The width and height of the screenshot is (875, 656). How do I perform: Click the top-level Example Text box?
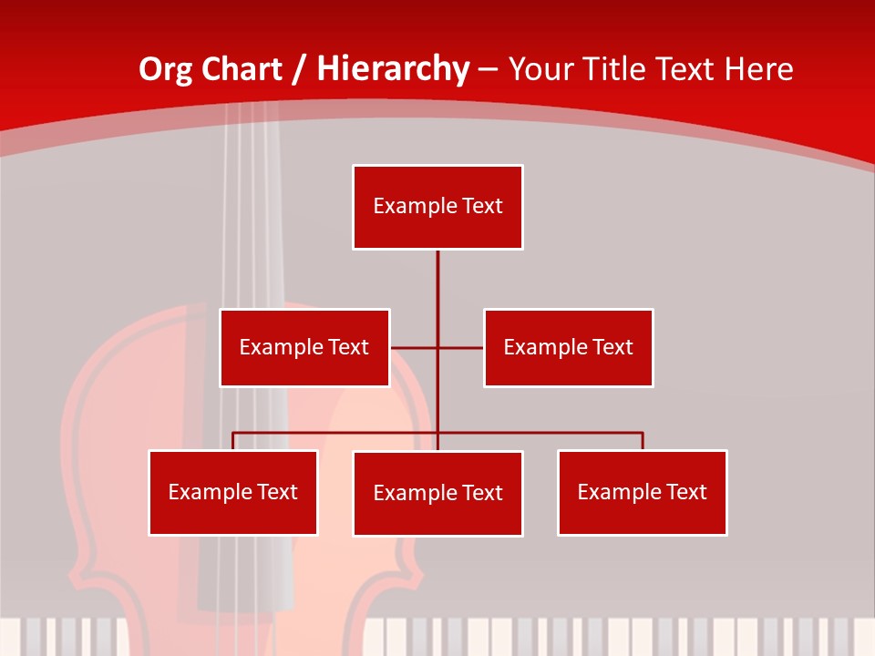tap(437, 207)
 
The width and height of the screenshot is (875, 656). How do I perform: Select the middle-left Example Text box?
tap(304, 347)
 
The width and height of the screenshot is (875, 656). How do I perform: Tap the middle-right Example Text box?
tap(568, 347)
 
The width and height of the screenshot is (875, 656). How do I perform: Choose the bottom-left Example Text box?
tap(232, 492)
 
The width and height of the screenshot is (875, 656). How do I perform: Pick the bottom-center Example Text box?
tap(437, 493)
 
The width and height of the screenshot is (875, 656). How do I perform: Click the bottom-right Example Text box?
tap(642, 492)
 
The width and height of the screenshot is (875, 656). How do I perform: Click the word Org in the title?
tap(165, 69)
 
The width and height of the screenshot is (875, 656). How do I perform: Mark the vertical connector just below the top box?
tap(437, 273)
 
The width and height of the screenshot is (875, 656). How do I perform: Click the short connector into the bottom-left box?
tap(233, 441)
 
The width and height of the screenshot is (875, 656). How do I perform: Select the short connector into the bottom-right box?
tap(643, 441)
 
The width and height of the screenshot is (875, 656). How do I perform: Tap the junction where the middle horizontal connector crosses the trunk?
tap(437, 347)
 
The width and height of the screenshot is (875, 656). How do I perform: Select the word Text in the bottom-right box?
tap(686, 492)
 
